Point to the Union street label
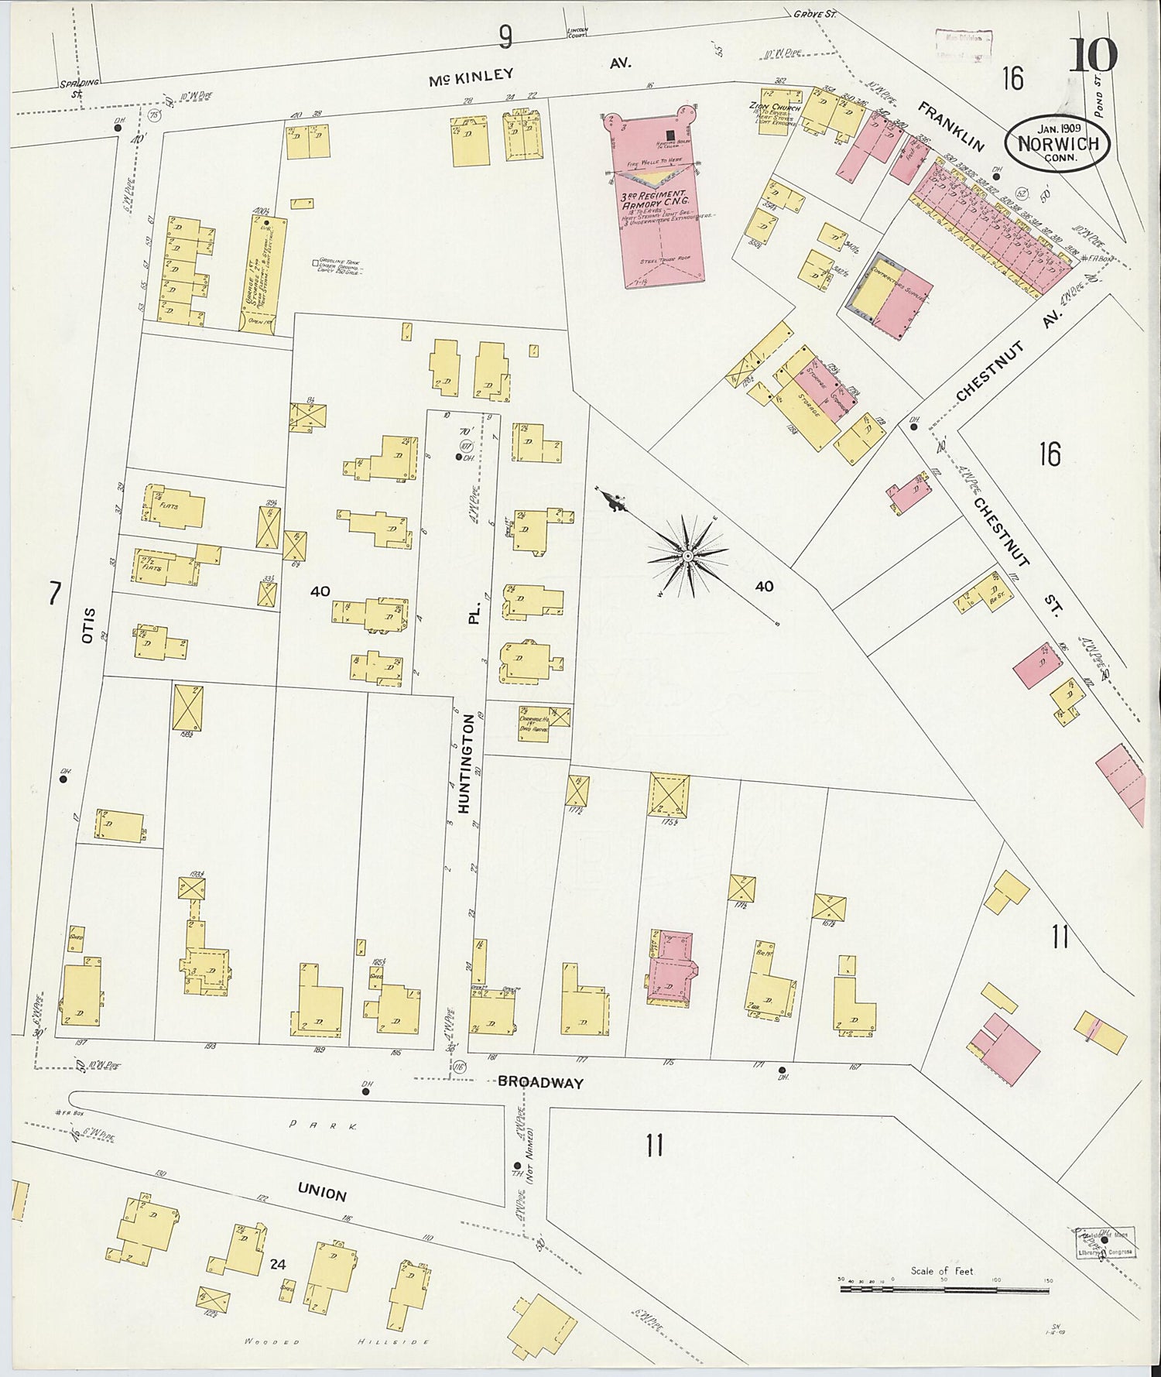click(x=323, y=1194)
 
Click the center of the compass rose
click(x=687, y=556)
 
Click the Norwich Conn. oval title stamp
click(x=1057, y=144)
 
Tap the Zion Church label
click(x=774, y=108)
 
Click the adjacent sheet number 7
click(x=54, y=594)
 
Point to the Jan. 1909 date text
click(x=1058, y=128)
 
